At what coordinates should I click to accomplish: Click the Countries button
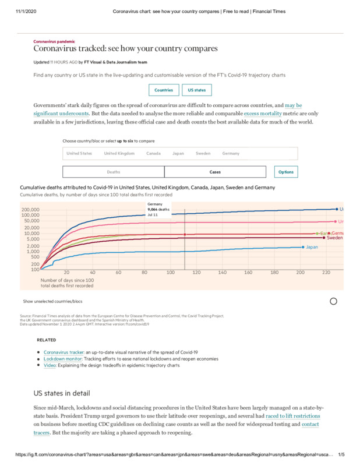[x=164, y=90]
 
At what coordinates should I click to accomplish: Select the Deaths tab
[x=114, y=172]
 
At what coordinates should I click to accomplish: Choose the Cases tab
[x=215, y=172]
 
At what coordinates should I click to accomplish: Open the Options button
[x=286, y=172]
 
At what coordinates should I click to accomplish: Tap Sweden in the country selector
[x=203, y=153]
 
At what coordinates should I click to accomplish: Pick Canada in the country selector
[x=153, y=153]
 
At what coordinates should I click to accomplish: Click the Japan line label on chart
[x=312, y=247]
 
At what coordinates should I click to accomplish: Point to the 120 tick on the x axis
[x=196, y=273]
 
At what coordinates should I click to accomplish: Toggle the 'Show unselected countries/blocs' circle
[x=334, y=301]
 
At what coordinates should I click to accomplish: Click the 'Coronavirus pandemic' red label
[x=54, y=42]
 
